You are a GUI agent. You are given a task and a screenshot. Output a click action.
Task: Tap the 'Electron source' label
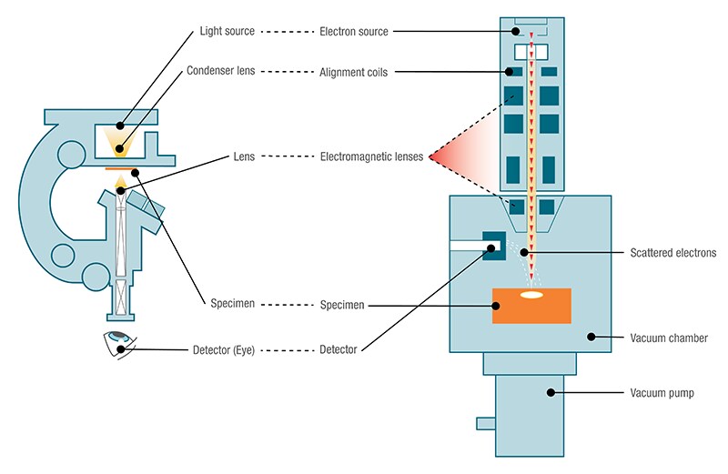pos(355,32)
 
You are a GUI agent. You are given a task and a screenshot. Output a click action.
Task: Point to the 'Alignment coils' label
pos(354,71)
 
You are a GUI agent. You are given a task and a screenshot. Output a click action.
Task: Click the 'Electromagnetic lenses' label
pos(371,156)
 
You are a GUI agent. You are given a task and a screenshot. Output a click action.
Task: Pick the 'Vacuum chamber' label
pos(670,338)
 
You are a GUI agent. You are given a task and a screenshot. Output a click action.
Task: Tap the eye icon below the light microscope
pos(120,344)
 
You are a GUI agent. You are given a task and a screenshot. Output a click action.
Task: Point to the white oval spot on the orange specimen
pos(531,296)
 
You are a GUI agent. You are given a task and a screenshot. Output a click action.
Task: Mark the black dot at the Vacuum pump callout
pos(550,392)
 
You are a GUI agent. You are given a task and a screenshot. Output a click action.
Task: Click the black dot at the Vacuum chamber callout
pos(591,338)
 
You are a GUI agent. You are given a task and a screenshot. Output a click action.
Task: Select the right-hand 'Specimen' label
pos(342,305)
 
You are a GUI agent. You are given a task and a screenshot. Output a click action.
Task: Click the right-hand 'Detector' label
pos(339,349)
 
